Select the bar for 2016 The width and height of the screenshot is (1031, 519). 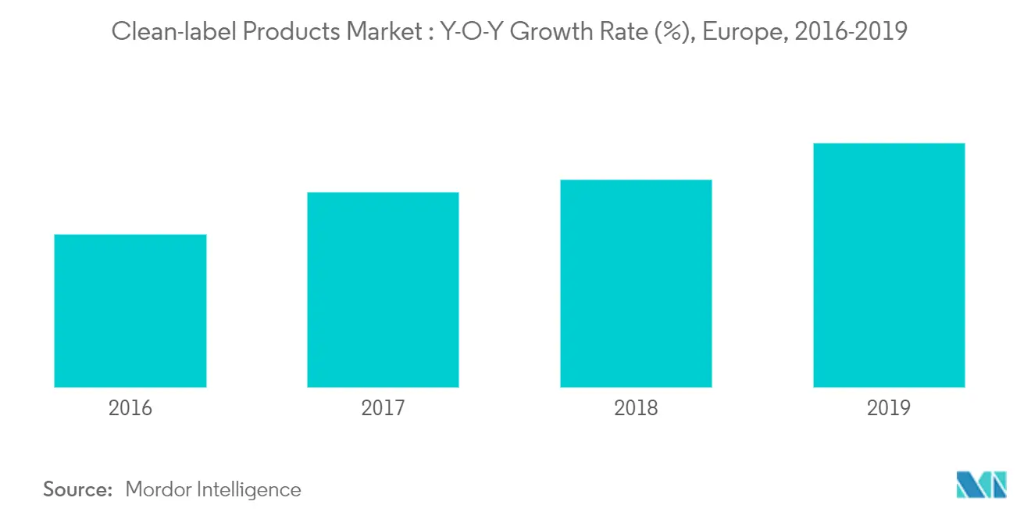(x=130, y=311)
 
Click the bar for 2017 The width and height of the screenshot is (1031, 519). (x=383, y=290)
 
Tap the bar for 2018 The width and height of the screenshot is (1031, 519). (x=636, y=283)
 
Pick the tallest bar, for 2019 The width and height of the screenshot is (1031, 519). (x=889, y=265)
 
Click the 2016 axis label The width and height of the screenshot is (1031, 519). (x=130, y=408)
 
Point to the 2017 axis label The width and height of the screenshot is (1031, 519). (x=383, y=408)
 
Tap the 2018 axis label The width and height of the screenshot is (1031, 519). (x=636, y=408)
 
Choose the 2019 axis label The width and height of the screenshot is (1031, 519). (x=889, y=408)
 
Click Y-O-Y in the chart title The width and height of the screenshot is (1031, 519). (x=465, y=32)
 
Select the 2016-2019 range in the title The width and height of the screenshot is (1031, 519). (x=851, y=32)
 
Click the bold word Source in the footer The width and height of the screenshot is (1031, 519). (x=78, y=489)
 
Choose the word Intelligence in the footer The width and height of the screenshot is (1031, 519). (x=248, y=489)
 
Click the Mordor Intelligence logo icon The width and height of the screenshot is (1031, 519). (x=981, y=485)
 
